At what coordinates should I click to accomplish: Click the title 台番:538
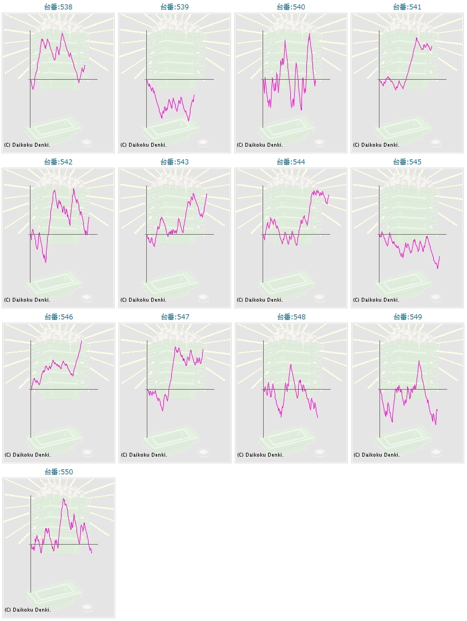[x=58, y=7]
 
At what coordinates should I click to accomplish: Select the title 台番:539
[x=175, y=7]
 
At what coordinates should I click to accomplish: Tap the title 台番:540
[x=291, y=7]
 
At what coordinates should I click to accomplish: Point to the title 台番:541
[x=407, y=7]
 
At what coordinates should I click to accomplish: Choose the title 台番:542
[x=58, y=162]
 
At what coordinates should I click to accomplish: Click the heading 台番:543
[x=175, y=162]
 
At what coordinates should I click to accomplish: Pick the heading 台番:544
[x=291, y=162]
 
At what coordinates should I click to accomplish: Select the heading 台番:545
[x=407, y=162]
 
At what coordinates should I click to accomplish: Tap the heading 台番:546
[x=58, y=317]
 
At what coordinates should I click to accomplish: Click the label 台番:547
[x=175, y=317]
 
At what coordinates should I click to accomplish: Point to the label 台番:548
[x=291, y=317]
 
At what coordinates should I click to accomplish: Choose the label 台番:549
[x=407, y=317]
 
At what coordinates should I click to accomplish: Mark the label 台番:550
[x=58, y=472]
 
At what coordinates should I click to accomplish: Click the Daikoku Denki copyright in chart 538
[x=27, y=145]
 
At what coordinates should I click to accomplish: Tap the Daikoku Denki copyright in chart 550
[x=27, y=610]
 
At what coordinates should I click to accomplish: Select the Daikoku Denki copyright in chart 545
[x=376, y=300]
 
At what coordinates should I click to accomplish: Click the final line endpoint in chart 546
[x=82, y=340]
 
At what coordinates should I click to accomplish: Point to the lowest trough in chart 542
[x=45, y=262]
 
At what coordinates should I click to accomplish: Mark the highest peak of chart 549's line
[x=419, y=361]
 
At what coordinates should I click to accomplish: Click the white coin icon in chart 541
[x=436, y=143]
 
